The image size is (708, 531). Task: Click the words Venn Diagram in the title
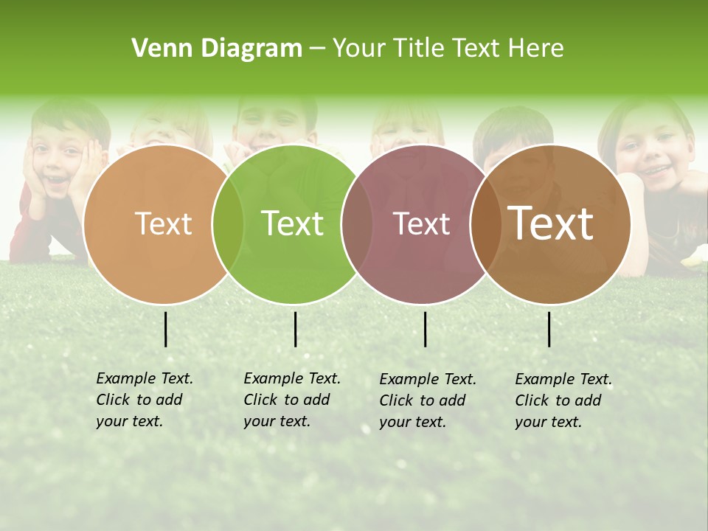(217, 49)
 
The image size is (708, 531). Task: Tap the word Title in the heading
(418, 49)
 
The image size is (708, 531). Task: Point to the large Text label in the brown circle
(550, 223)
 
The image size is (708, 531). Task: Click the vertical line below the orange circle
(166, 329)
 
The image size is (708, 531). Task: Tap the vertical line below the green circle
(295, 329)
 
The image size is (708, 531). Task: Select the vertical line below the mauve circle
(426, 329)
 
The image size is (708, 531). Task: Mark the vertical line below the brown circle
(549, 329)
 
